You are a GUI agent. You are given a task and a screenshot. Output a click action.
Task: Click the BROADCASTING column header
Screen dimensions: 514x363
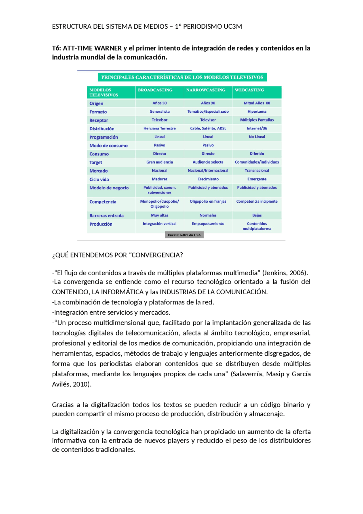(x=155, y=90)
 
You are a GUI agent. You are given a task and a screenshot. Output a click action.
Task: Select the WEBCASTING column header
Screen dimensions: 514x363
(x=249, y=90)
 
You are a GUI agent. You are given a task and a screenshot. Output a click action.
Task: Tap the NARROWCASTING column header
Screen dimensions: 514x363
(x=206, y=90)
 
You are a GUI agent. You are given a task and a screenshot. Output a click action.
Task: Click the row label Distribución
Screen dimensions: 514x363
(x=102, y=129)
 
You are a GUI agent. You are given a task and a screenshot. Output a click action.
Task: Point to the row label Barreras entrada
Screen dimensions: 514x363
(x=106, y=216)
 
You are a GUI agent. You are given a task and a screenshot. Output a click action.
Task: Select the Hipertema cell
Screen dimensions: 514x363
(x=257, y=112)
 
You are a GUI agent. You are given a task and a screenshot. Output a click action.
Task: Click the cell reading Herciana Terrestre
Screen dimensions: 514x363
(x=159, y=128)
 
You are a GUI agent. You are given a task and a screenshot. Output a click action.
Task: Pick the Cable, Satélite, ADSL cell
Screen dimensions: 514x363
(x=208, y=128)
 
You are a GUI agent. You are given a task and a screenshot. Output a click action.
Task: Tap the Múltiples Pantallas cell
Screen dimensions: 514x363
(x=257, y=120)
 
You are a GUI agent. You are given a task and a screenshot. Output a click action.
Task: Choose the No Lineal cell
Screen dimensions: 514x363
(x=257, y=137)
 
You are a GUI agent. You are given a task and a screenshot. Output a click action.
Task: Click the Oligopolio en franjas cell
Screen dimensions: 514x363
(x=208, y=202)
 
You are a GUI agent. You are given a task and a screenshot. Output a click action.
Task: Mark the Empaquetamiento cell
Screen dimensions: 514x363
(x=208, y=224)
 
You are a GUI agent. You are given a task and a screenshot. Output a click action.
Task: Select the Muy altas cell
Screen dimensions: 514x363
(x=159, y=215)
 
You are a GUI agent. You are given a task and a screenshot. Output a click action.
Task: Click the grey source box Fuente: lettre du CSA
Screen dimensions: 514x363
(x=184, y=235)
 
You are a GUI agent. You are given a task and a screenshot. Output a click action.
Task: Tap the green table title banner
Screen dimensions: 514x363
(x=182, y=77)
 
